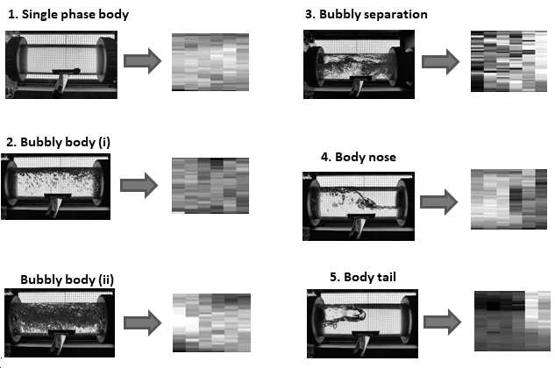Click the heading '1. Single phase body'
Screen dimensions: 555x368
coord(68,15)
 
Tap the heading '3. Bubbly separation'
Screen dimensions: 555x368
coord(366,15)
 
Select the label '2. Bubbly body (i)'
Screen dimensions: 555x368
coord(59,142)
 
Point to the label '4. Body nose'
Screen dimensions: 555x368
coord(359,157)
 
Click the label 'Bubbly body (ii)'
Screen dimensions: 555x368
coord(67,280)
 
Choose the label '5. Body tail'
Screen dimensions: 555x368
coord(363,277)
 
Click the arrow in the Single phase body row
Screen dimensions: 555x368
coord(142,60)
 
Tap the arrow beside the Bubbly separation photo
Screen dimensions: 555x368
coord(440,62)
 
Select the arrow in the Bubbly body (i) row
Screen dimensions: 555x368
coord(139,185)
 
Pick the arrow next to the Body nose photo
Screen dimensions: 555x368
coord(438,202)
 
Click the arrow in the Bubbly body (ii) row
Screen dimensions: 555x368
coord(142,322)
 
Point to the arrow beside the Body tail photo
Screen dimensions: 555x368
coord(443,322)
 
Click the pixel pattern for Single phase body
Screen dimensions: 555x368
coord(210,62)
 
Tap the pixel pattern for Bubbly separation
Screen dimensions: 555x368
coord(509,61)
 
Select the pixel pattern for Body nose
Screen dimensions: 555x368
coord(509,199)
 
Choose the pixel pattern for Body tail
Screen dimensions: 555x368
coord(512,322)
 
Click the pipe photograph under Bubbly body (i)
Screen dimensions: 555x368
coord(55,187)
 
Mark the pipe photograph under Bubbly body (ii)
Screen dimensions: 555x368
coord(60,322)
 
